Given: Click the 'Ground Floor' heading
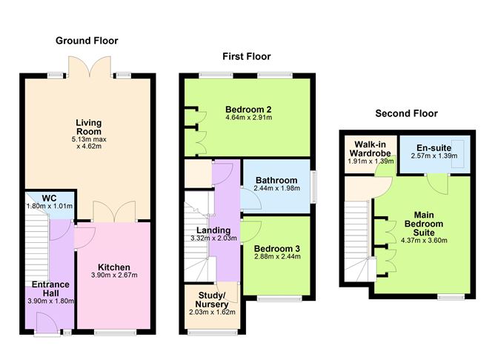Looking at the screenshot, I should pos(87,41).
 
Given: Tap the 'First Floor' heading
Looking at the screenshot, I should pos(247,56).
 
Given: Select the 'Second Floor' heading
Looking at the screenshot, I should pos(406,113).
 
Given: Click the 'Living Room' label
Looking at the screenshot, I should pos(88,127).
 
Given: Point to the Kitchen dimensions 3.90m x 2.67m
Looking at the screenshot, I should pos(114,276).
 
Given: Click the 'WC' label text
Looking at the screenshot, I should pos(49,199).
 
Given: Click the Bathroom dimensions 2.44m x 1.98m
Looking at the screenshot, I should pos(276,190).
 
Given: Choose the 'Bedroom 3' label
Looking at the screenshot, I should pos(276,248).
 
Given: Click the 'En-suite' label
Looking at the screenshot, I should pos(432,148).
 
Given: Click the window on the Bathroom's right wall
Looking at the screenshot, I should pos(312,185).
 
